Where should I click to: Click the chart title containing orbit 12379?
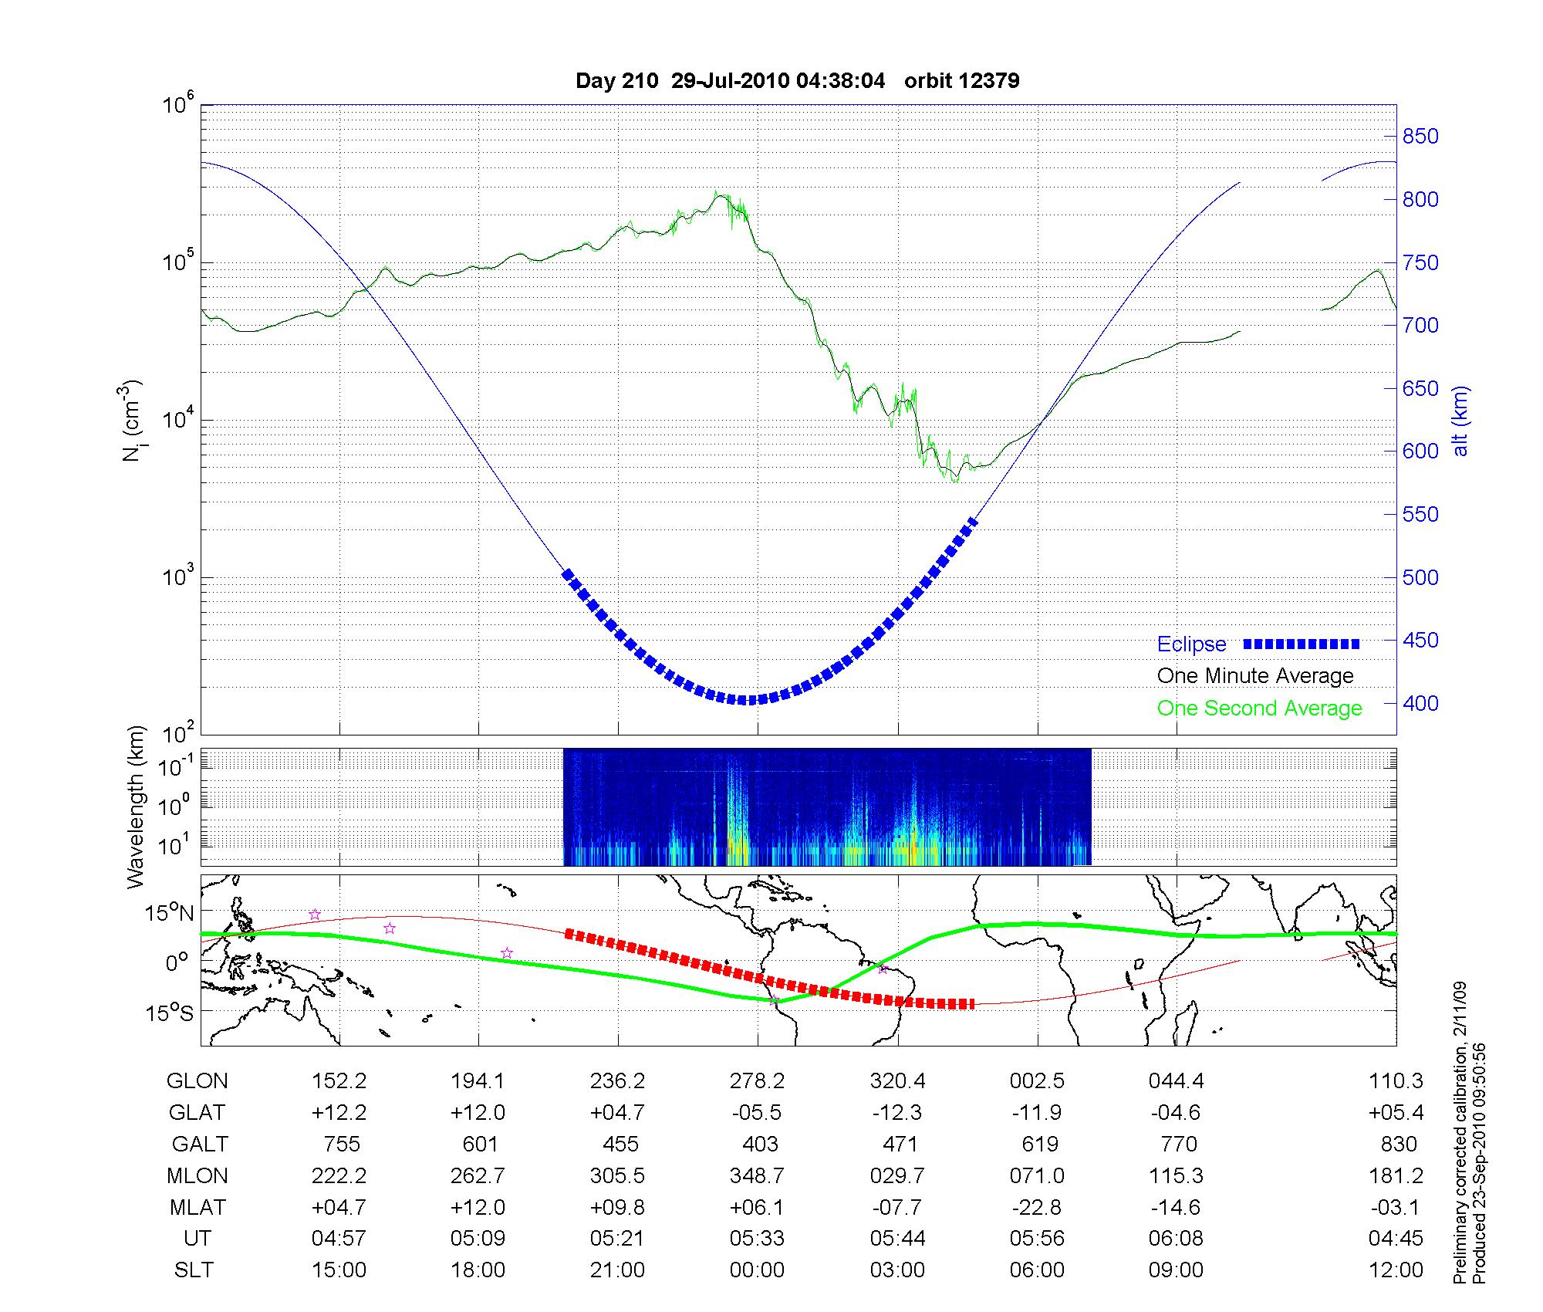[797, 81]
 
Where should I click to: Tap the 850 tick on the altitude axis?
[1420, 137]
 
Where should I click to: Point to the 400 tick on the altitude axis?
[1420, 703]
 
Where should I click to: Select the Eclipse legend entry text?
[1191, 644]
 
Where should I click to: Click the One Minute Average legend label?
[1255, 676]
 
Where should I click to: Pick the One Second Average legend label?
[1259, 708]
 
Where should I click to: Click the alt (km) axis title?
[1460, 421]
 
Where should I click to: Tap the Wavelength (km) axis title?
[136, 807]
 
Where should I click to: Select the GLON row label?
[197, 1081]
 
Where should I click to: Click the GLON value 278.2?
[757, 1081]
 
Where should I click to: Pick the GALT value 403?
[759, 1144]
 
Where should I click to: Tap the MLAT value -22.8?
[1037, 1207]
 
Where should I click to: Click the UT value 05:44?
[897, 1239]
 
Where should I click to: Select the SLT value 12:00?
[1395, 1270]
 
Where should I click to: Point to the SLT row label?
[194, 1270]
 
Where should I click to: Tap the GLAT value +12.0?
[478, 1112]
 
